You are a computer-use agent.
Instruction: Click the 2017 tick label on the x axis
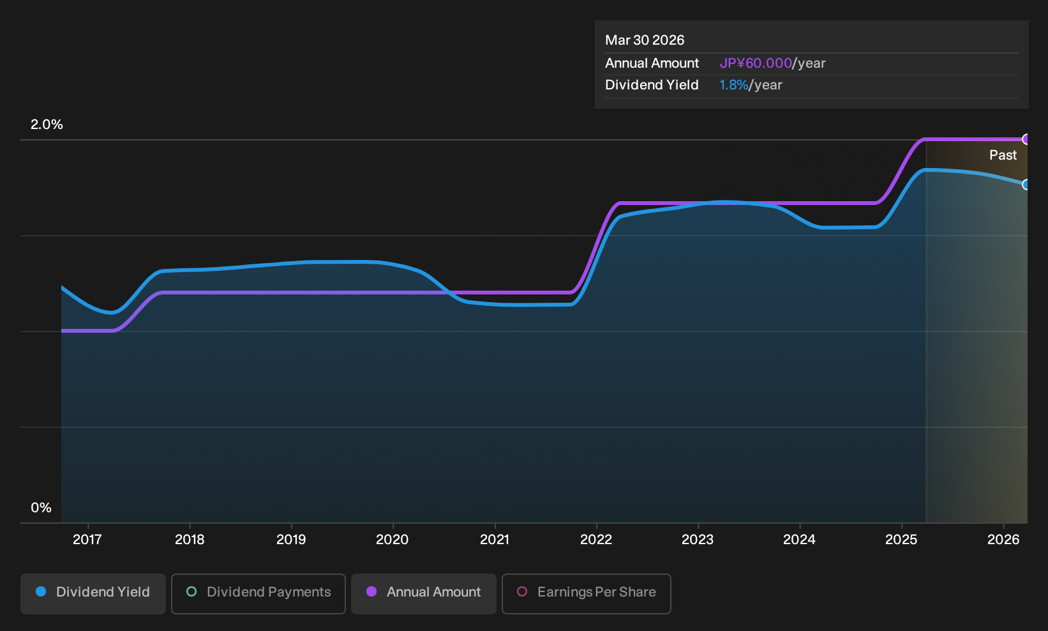coord(87,540)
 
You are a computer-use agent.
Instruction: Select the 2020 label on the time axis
coord(393,540)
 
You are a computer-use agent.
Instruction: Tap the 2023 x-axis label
coord(698,540)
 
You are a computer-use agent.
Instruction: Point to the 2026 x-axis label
coord(1003,540)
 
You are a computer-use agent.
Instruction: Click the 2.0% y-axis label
coord(47,125)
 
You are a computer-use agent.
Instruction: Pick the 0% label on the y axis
coord(41,508)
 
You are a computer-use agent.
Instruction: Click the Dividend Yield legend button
coord(93,593)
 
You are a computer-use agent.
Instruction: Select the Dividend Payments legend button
coord(258,593)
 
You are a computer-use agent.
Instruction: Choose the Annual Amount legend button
coord(423,593)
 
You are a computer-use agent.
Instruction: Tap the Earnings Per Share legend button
coord(586,593)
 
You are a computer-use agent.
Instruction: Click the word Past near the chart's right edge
coord(1003,155)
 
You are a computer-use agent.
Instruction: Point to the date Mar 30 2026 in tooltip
coord(645,40)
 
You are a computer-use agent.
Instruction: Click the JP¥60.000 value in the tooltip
coord(756,63)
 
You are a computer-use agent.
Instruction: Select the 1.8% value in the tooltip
coord(733,85)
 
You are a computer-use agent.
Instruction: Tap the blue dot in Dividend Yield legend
coord(41,591)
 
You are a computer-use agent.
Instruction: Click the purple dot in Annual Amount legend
coord(371,591)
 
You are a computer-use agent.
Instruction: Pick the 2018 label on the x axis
coord(190,540)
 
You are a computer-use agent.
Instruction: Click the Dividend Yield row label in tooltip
coord(652,85)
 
